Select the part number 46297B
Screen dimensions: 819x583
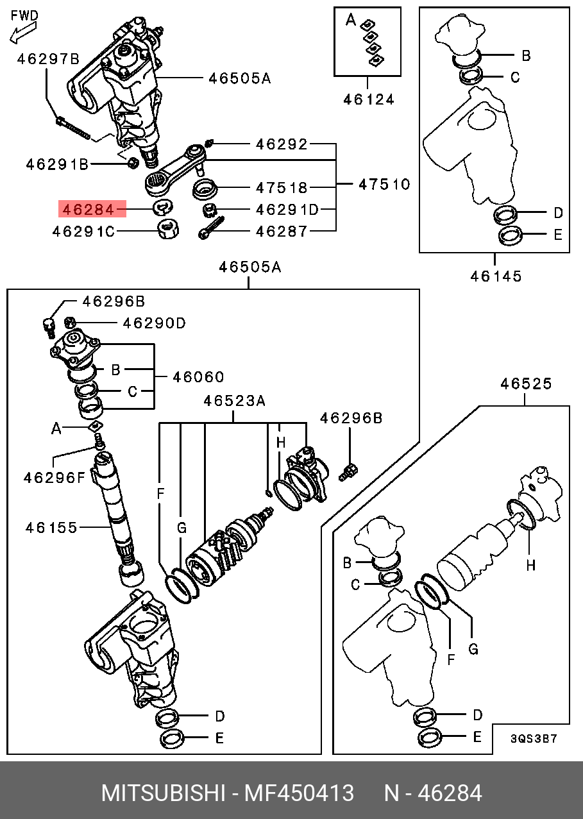48,60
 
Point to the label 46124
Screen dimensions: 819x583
368,99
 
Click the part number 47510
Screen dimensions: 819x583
384,185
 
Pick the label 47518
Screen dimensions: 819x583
282,188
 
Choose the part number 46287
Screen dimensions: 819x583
282,231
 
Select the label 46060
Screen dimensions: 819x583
198,376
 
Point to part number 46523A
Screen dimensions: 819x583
234,401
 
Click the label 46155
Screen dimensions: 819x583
51,528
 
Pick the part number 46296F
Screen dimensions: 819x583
54,477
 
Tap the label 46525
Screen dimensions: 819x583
526,384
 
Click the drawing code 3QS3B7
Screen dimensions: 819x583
534,738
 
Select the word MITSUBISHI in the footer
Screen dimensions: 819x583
163,793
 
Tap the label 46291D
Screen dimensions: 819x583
287,210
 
